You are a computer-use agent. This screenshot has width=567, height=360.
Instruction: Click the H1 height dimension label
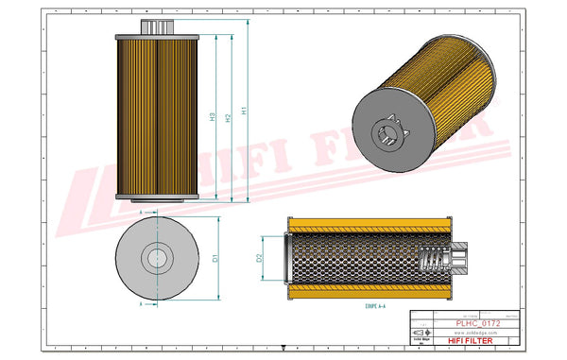pos(245,111)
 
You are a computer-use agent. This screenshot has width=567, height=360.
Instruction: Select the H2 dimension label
pos(228,116)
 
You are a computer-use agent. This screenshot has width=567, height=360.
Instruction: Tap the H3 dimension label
pos(212,119)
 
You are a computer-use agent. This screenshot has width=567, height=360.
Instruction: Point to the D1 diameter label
pos(216,258)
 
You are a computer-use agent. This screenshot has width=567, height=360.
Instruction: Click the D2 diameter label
pos(259,257)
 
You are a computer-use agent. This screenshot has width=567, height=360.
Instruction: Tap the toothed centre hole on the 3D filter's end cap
pos(387,131)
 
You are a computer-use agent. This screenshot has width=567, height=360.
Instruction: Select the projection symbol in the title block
pos(420,334)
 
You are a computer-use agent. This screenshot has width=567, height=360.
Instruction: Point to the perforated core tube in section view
pos(350,259)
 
